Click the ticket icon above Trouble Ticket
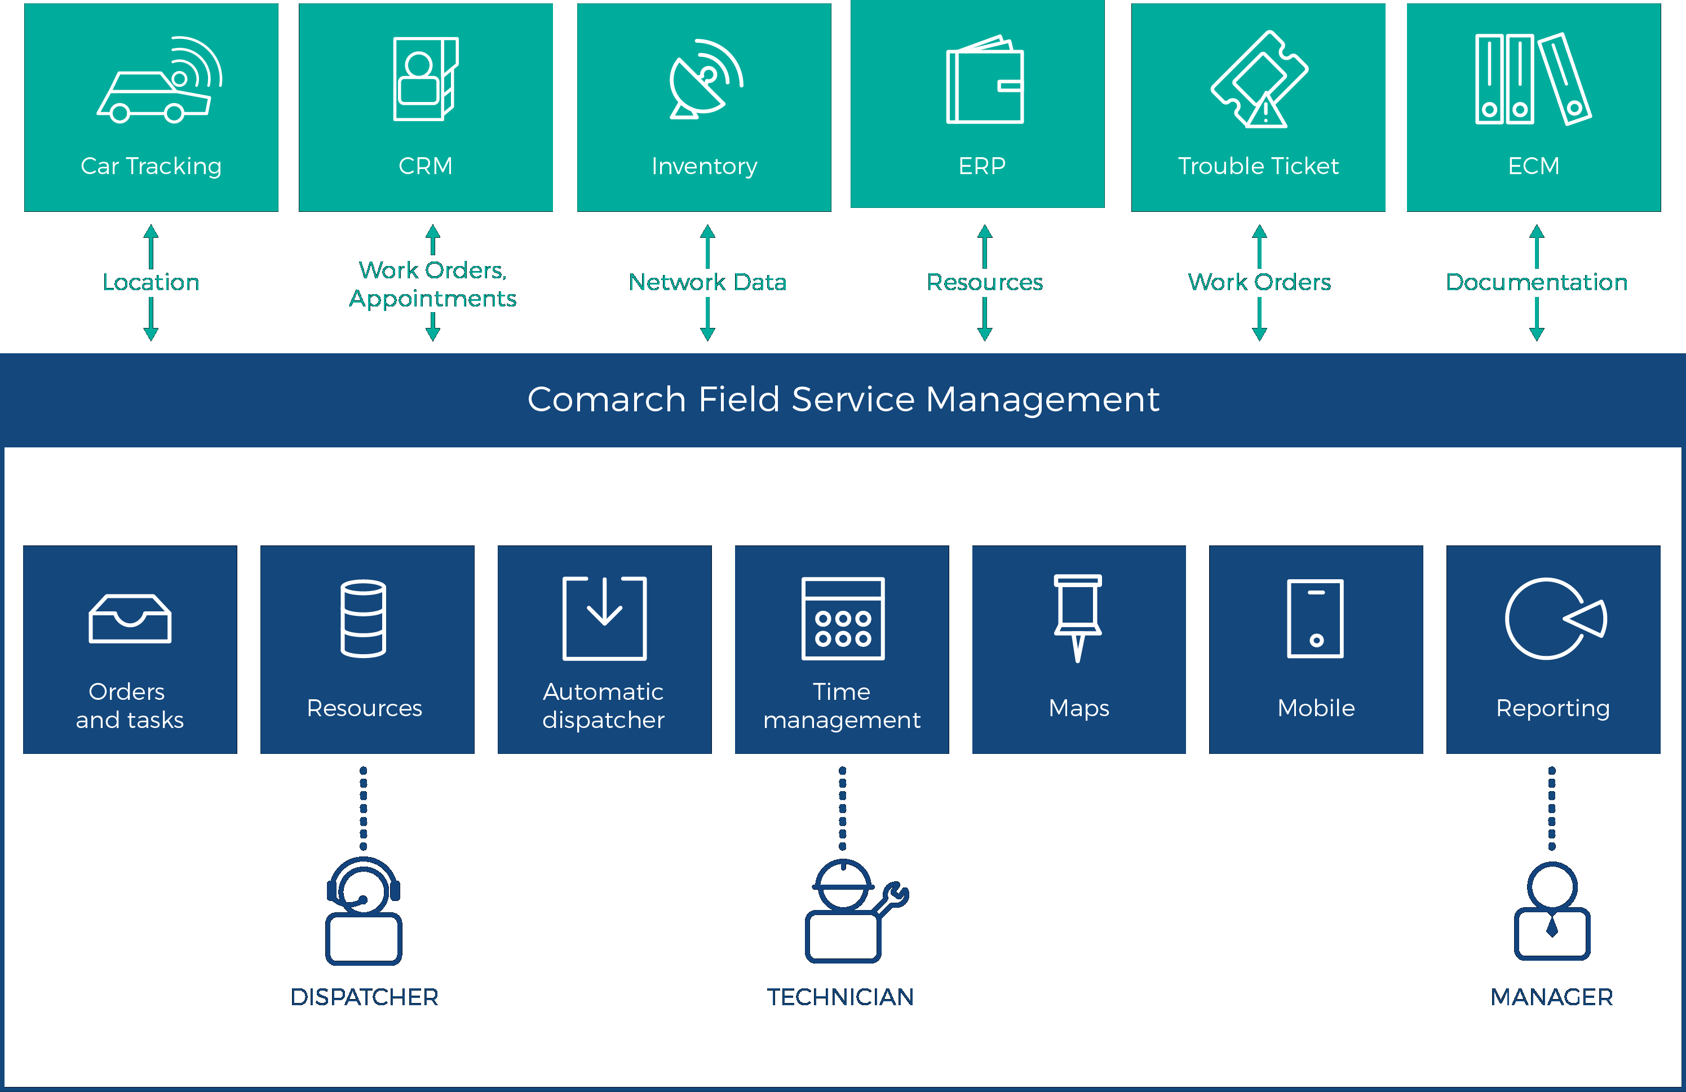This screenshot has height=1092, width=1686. [1259, 80]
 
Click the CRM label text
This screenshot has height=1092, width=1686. [425, 166]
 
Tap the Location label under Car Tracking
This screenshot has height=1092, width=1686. [151, 282]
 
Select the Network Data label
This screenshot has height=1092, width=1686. [707, 282]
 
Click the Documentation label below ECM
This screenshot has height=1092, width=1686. [1537, 282]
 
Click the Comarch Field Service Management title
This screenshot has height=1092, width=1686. [843, 399]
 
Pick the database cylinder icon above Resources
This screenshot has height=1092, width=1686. [364, 618]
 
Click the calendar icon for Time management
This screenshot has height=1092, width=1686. [842, 618]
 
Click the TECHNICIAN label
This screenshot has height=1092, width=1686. [841, 997]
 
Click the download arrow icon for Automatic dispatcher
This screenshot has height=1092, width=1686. [604, 618]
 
